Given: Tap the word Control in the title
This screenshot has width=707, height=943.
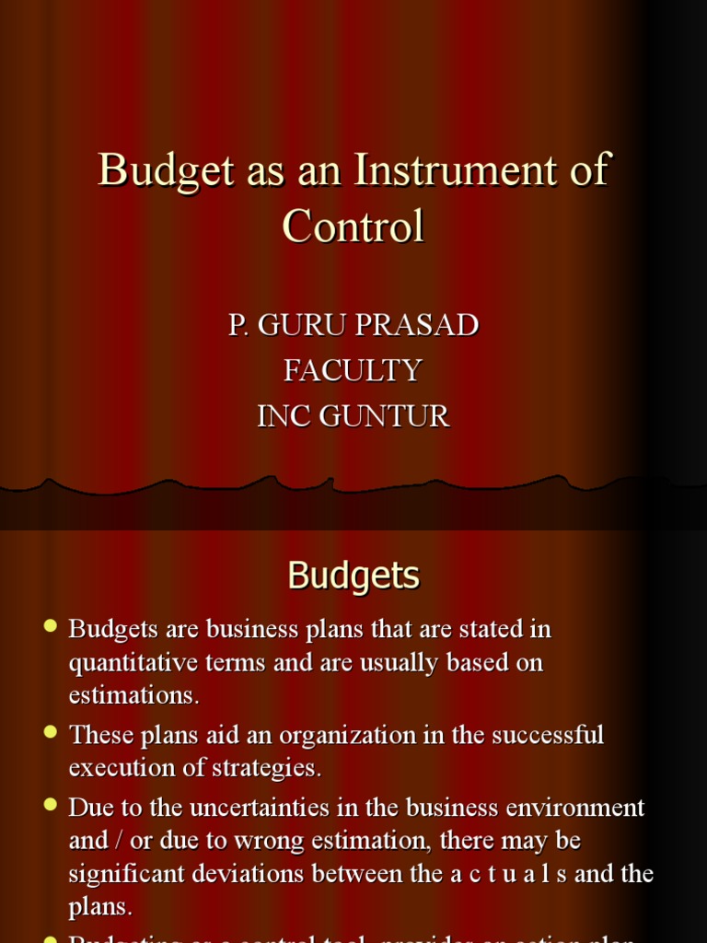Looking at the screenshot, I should point(353,226).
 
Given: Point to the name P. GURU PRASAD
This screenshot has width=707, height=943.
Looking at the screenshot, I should point(353,325).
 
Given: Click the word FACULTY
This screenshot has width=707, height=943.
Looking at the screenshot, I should point(353,370).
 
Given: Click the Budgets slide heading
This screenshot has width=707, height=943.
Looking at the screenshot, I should point(353,576).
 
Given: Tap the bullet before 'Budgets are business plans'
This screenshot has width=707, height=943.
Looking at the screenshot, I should point(51,626).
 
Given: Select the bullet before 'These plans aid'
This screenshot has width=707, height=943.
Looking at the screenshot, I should point(51,732).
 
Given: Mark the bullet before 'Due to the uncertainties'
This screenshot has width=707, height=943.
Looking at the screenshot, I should point(51,805).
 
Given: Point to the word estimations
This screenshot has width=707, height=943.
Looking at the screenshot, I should point(133,695).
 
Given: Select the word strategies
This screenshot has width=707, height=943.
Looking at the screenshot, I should point(266,768).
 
